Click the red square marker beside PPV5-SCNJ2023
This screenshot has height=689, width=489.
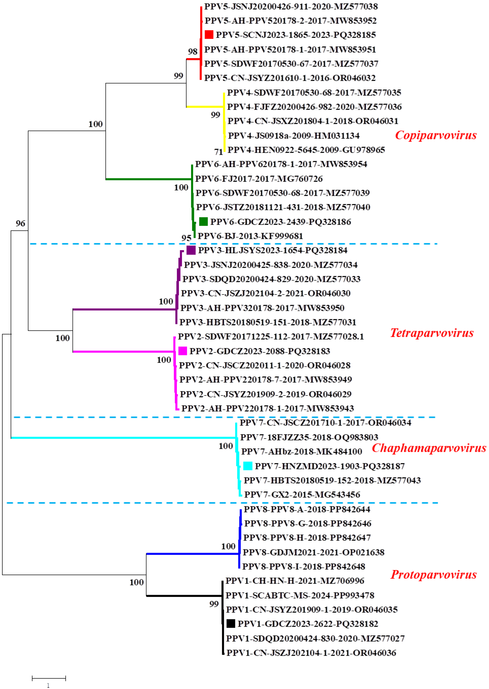[209, 35]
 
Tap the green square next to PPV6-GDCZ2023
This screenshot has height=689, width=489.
[204, 222]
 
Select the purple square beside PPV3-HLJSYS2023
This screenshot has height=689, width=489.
[191, 250]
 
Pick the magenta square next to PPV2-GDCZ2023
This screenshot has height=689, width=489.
[183, 351]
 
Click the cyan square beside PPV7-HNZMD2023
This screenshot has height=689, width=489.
[248, 466]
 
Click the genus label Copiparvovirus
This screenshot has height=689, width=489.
[436, 135]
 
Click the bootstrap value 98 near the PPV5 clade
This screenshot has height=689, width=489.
[193, 52]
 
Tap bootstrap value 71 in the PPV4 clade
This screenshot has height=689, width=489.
[219, 152]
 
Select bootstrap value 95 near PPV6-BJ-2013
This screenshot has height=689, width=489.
[186, 238]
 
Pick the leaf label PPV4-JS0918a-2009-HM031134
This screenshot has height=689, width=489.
[294, 136]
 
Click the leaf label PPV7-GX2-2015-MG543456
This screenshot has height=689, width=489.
[302, 494]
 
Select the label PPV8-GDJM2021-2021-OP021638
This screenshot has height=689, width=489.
[313, 552]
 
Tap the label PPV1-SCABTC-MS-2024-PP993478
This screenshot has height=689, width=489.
[300, 595]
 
